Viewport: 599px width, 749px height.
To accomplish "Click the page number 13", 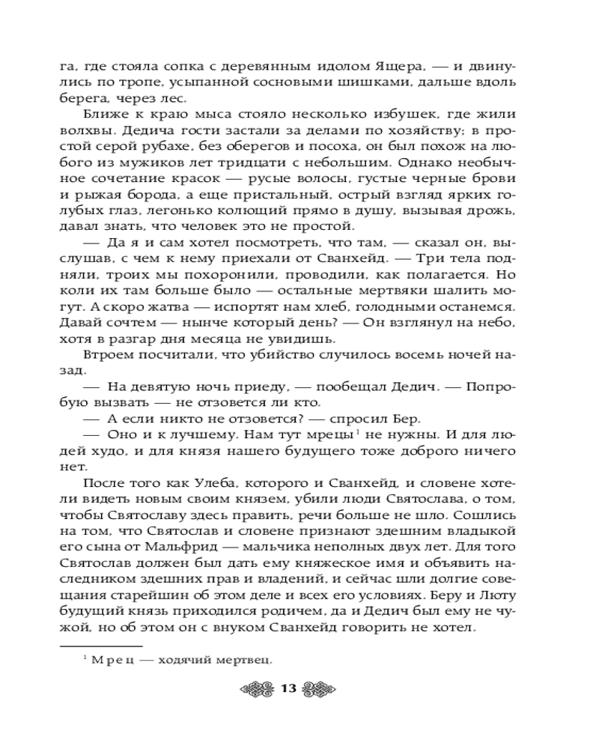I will [289, 689].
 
